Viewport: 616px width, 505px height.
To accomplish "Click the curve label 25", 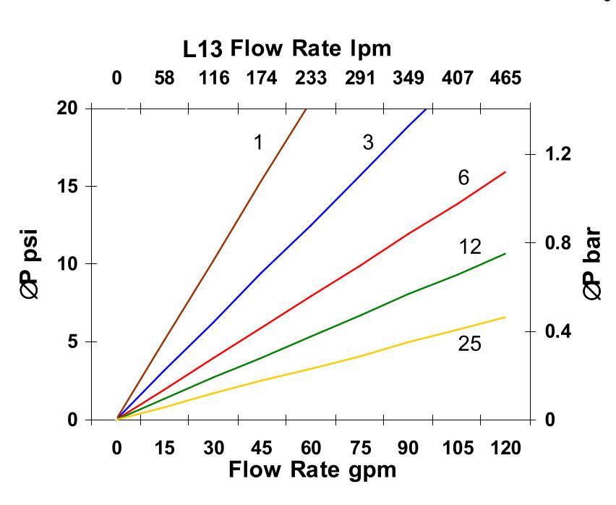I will click(x=469, y=344).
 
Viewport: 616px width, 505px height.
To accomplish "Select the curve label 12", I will click(x=470, y=247).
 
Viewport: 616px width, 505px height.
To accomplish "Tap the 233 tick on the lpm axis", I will click(x=311, y=78).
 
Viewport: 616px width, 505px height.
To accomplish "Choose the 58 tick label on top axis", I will click(x=165, y=78).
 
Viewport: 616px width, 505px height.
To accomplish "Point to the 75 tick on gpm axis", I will click(x=359, y=449).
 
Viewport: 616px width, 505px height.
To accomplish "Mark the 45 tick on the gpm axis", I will click(x=262, y=449).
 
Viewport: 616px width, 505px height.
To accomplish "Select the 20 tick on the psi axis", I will click(x=69, y=108).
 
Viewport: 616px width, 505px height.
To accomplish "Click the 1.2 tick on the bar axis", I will click(x=557, y=153).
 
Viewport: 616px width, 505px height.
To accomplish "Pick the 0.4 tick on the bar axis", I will click(x=557, y=331).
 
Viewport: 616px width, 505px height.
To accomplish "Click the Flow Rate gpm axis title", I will click(x=312, y=470).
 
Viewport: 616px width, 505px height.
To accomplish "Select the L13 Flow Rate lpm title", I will click(x=286, y=49).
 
